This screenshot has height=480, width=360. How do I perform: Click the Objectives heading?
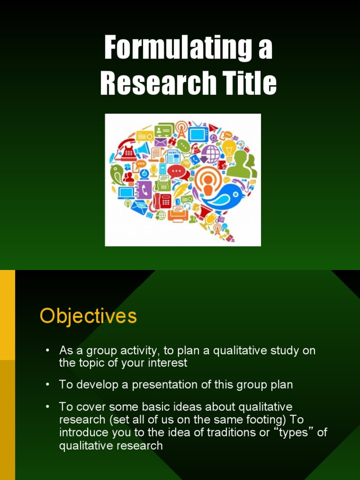(88, 316)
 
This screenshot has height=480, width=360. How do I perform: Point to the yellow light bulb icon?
(229, 150)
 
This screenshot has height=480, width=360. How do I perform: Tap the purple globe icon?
(210, 153)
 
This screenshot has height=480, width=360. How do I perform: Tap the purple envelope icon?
(161, 142)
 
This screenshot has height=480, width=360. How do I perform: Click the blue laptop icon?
(126, 192)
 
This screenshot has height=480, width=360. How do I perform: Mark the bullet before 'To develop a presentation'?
(47, 385)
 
